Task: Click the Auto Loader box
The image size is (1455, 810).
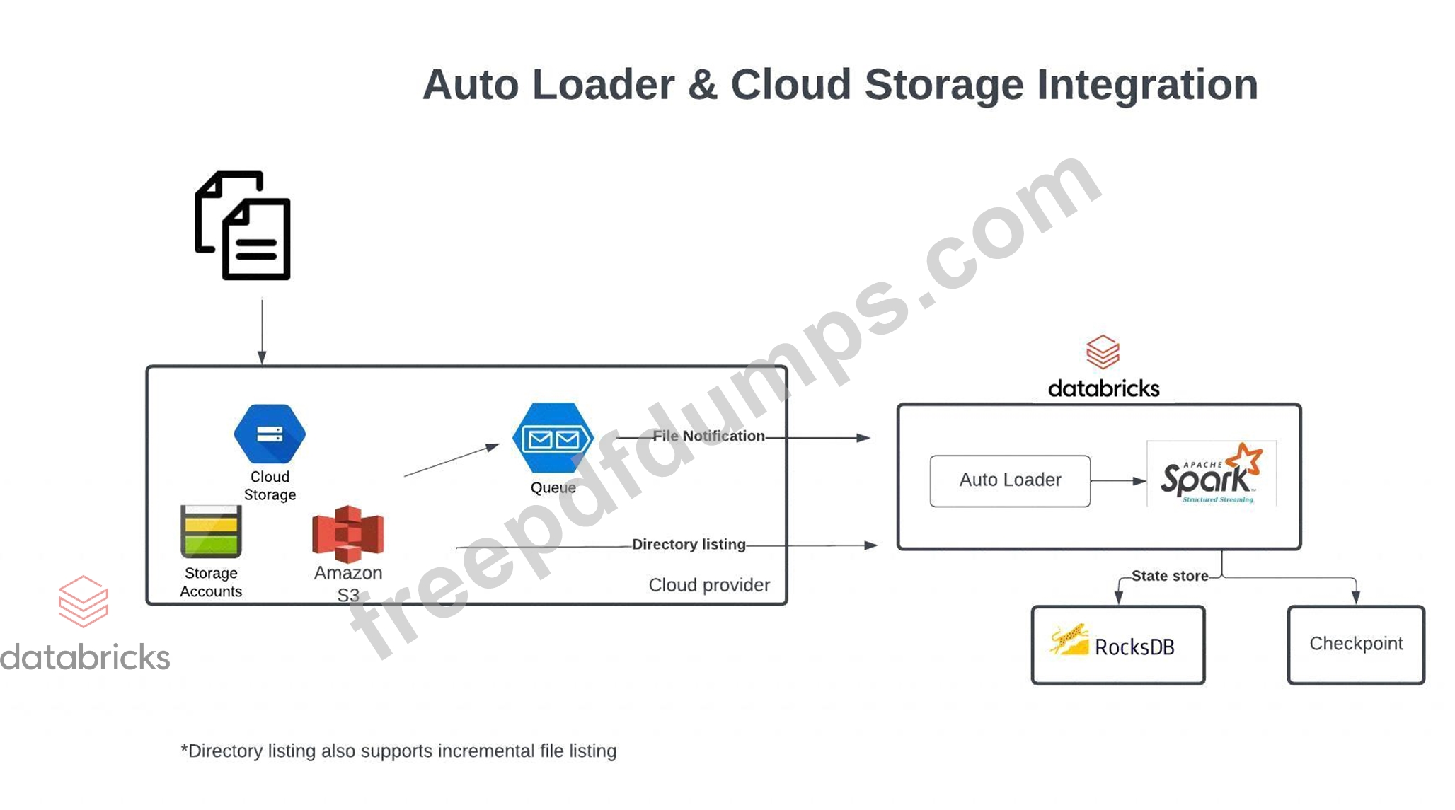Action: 1010,480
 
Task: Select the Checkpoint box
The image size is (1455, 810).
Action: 1355,644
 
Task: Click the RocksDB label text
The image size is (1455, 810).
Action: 1134,647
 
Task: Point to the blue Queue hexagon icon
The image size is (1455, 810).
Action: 553,438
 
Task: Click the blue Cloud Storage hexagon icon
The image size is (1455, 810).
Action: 270,433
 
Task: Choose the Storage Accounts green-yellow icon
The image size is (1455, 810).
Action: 211,532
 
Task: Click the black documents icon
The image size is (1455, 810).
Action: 243,226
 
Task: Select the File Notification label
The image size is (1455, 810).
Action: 708,436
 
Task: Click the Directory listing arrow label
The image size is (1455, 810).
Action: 689,544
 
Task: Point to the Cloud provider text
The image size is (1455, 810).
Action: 709,585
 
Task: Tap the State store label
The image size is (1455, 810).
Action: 1169,576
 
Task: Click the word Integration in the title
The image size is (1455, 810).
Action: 1147,85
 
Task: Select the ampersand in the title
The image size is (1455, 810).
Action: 703,85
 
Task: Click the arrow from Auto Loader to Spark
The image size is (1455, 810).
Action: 1117,481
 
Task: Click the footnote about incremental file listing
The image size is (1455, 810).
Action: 398,751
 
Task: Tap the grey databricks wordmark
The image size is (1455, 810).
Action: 85,657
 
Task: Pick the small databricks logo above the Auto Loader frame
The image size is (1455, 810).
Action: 1103,352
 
